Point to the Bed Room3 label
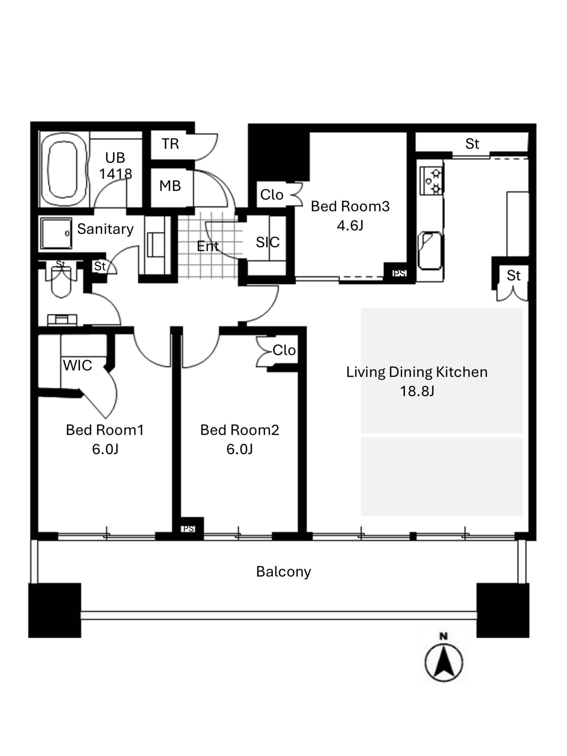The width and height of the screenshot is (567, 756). pos(350,206)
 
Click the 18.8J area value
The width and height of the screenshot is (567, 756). pos(417,391)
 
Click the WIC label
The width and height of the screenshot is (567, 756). pos(78,365)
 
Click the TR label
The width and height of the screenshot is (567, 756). pos(170,144)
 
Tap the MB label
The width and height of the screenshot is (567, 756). pos(170,186)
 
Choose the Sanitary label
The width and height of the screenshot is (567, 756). pos(105,229)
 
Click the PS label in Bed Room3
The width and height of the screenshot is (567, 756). pos(399,273)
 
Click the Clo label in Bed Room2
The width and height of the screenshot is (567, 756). pos(284,350)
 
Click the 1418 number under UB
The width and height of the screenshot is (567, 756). pos(115,174)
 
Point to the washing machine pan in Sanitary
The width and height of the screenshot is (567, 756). pos(56,233)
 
